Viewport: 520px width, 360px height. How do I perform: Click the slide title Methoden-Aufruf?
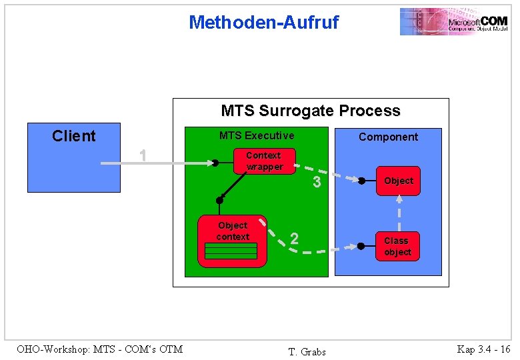coord(263,23)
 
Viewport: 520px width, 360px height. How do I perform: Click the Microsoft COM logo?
coord(453,21)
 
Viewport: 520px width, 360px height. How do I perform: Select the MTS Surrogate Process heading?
coord(310,111)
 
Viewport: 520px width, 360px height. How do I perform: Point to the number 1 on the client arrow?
coord(142,156)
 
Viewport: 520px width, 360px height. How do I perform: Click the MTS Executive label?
coord(257,135)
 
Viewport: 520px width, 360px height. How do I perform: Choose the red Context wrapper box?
coord(265,161)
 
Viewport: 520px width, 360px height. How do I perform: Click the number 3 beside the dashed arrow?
coord(317,183)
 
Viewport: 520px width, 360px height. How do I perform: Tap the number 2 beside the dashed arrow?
coord(294,239)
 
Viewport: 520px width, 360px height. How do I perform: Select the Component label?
coord(388,137)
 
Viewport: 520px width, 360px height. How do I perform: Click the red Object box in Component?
coord(398,181)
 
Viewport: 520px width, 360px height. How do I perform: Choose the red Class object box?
coord(398,246)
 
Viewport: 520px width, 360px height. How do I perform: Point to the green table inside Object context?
coord(231,251)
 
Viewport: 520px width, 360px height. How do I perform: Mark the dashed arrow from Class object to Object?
coord(399,213)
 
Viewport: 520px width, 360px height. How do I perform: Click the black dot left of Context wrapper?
coord(215,163)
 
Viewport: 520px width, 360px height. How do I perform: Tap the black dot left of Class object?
coord(361,246)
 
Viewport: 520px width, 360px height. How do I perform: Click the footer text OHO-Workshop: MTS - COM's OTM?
coord(99,349)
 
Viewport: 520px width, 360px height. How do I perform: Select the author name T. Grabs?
coord(307,351)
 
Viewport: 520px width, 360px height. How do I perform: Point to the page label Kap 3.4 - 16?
coord(483,349)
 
